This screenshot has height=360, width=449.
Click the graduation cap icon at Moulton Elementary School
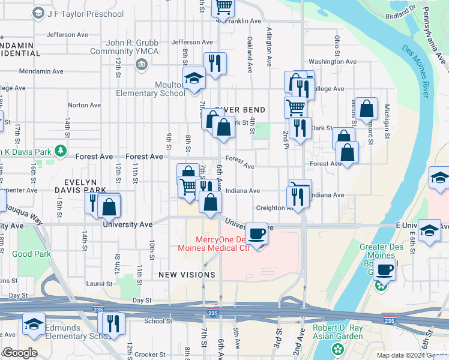(x=194, y=78)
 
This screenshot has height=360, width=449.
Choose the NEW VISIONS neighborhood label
(x=187, y=275)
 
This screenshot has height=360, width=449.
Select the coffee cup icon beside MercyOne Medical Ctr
(x=256, y=233)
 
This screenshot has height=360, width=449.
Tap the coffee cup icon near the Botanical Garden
(x=384, y=269)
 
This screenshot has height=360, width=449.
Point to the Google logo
(x=20, y=353)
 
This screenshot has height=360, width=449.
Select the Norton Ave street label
(x=85, y=105)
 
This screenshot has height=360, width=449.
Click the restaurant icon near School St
(x=113, y=323)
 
